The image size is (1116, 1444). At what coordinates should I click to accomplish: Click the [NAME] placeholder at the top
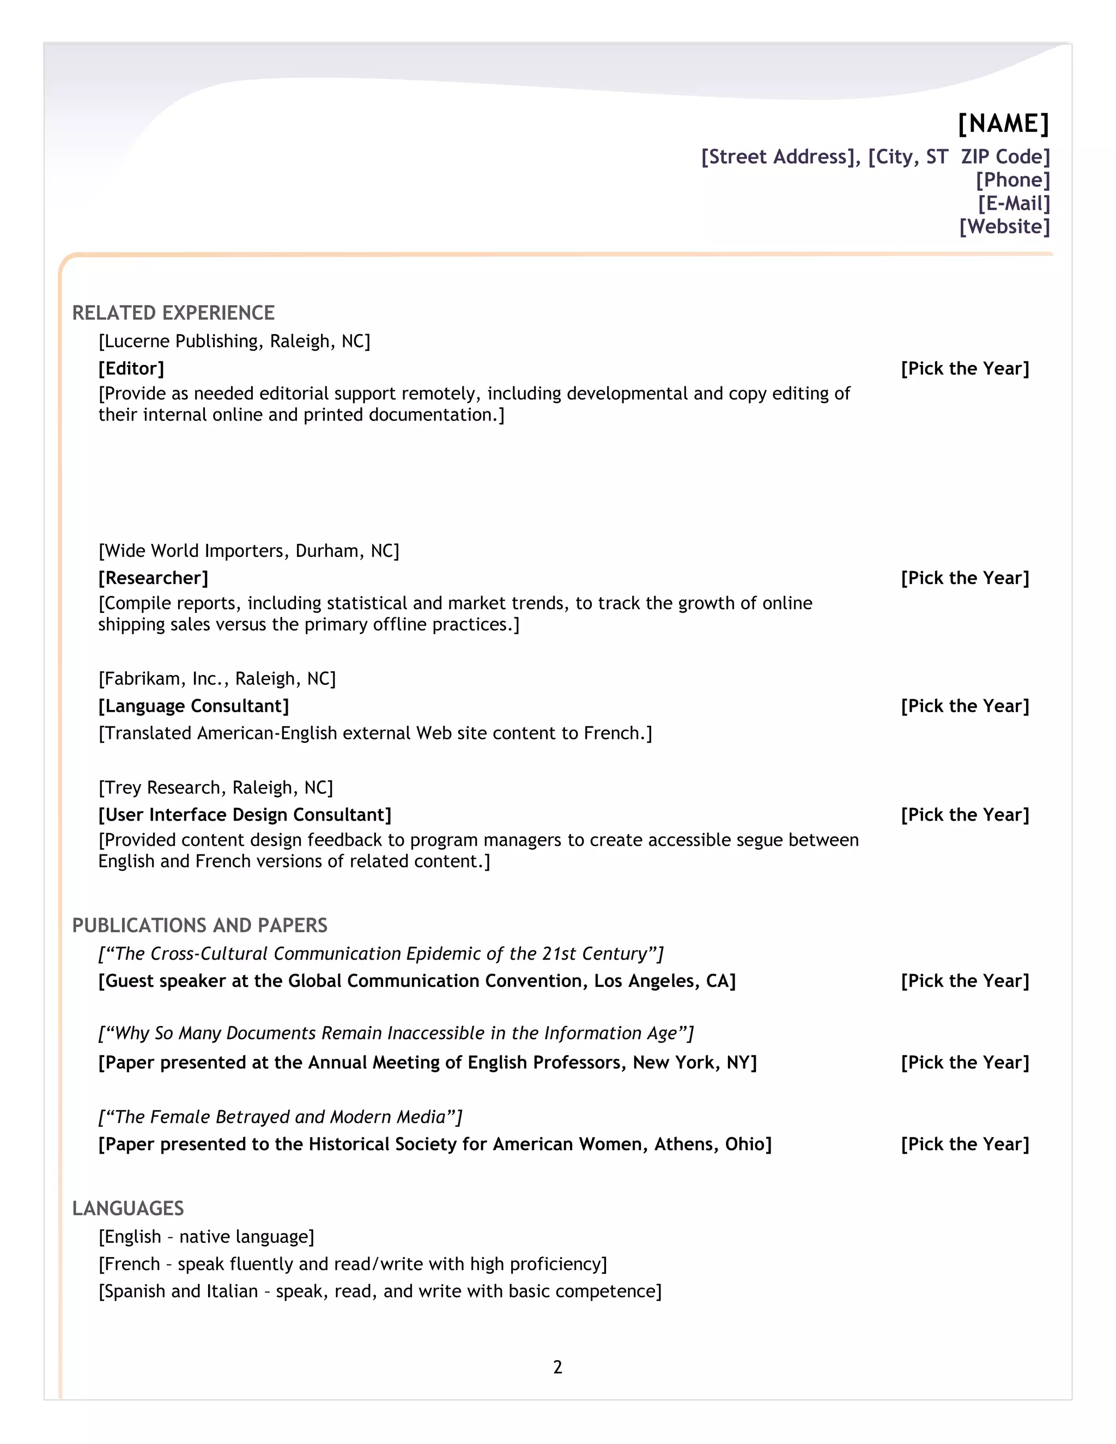click(1003, 124)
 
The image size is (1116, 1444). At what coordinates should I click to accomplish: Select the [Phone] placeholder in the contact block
click(1013, 180)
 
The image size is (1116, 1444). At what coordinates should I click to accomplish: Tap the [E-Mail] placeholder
click(1014, 203)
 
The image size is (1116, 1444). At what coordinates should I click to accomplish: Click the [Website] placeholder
click(1004, 226)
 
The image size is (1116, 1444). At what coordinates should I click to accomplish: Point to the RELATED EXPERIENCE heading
click(173, 313)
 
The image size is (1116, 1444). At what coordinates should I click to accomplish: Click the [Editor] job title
click(131, 368)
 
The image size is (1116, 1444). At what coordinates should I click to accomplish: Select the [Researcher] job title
click(153, 578)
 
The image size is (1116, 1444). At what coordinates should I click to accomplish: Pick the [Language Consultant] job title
click(193, 706)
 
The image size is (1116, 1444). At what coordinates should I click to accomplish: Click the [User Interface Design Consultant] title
click(245, 815)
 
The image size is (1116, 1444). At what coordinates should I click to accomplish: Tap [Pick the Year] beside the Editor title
click(965, 368)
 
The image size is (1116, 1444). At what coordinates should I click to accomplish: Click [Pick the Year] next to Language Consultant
click(965, 706)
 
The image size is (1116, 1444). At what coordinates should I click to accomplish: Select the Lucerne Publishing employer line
click(234, 341)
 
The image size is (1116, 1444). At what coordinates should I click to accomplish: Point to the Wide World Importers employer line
click(248, 551)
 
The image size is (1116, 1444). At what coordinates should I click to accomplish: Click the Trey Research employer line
click(216, 787)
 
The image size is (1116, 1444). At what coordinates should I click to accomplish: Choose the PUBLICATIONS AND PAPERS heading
click(199, 925)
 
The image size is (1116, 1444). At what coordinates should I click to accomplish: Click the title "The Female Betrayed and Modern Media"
click(280, 1117)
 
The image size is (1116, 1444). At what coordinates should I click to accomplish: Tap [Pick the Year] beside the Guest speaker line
click(965, 980)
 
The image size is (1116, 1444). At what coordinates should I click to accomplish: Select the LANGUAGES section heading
click(128, 1208)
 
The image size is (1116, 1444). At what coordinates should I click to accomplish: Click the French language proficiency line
click(353, 1264)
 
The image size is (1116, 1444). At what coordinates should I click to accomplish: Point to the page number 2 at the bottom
click(557, 1367)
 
